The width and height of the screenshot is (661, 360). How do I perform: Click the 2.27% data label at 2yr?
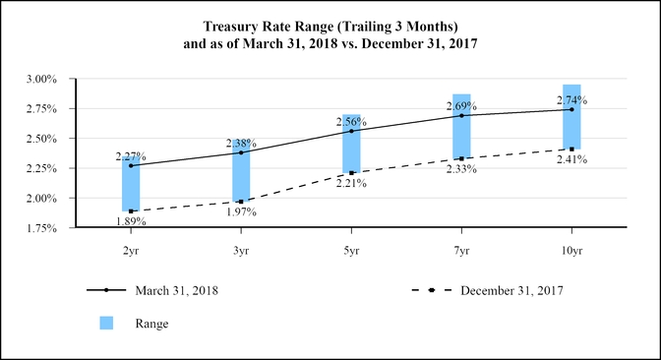click(131, 156)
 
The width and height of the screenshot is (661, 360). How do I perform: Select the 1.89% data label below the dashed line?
click(131, 222)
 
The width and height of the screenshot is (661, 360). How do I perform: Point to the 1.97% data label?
click(241, 212)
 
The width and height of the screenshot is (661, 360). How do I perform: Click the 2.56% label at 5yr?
click(351, 122)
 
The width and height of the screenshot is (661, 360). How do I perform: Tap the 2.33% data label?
click(461, 169)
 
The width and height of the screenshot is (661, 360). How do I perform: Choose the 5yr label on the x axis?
click(351, 252)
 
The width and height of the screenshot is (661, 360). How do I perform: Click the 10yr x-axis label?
click(571, 252)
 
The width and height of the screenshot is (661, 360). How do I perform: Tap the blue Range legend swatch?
click(108, 323)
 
